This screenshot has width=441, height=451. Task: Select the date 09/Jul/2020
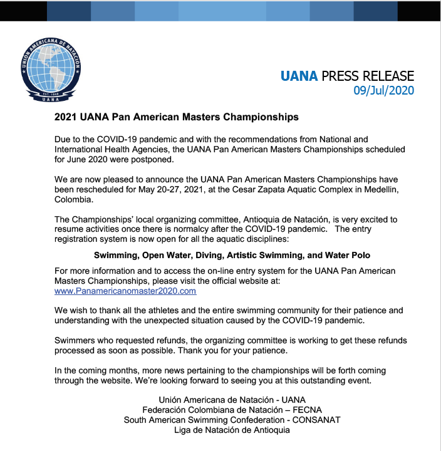tap(384, 90)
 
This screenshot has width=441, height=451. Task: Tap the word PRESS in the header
tap(343, 76)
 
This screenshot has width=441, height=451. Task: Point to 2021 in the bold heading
tap(66, 117)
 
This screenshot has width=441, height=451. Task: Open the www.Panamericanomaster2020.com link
tap(125, 291)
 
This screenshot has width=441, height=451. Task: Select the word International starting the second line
tap(80, 149)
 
